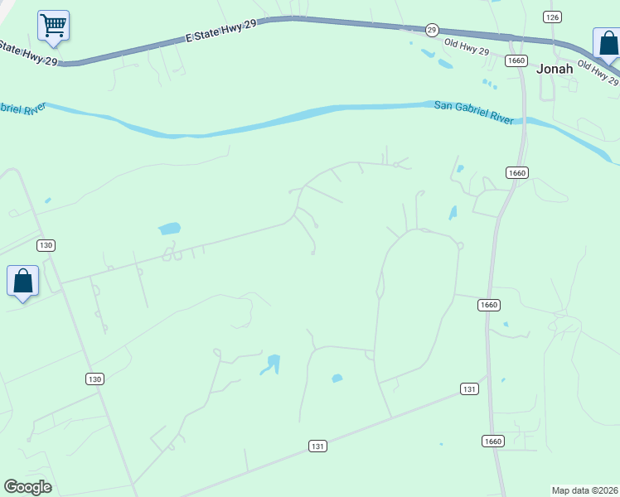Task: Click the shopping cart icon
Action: click(54, 25)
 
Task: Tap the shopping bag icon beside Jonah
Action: click(607, 43)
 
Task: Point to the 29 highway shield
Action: click(432, 30)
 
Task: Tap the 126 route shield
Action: click(552, 17)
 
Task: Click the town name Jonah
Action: click(555, 69)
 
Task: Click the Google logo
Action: click(27, 486)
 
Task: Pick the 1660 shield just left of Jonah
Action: click(517, 60)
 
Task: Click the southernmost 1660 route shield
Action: click(492, 441)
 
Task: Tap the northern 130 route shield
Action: click(46, 245)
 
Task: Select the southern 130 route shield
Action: click(94, 379)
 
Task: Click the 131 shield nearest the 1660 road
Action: click(469, 388)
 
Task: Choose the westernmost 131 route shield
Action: click(317, 446)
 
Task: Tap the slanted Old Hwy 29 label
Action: click(598, 73)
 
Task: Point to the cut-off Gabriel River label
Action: click(22, 108)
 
